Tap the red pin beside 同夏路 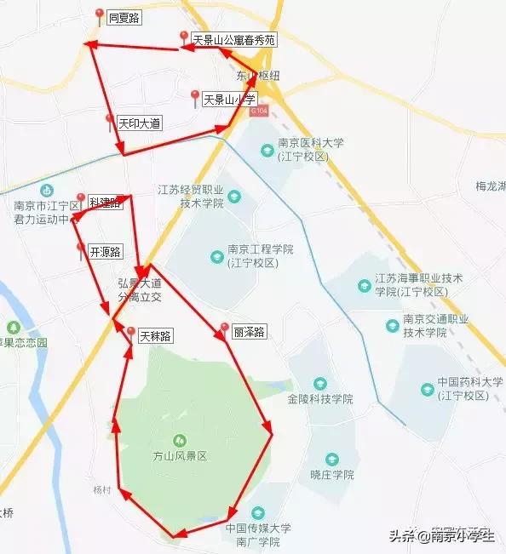click(x=100, y=15)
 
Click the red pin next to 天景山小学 click(x=195, y=98)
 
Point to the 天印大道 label click(x=139, y=123)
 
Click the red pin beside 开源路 click(x=81, y=249)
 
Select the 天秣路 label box click(x=155, y=336)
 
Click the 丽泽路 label click(x=249, y=332)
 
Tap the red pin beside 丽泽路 click(x=224, y=328)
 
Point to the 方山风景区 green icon click(x=180, y=440)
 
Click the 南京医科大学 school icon click(x=267, y=150)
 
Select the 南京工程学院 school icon click(x=216, y=256)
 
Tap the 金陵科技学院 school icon click(x=319, y=383)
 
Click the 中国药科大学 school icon click(x=427, y=389)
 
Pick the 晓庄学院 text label click(x=331, y=475)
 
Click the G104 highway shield click(x=260, y=111)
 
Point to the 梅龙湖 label click(x=491, y=186)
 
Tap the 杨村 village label click(x=102, y=490)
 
